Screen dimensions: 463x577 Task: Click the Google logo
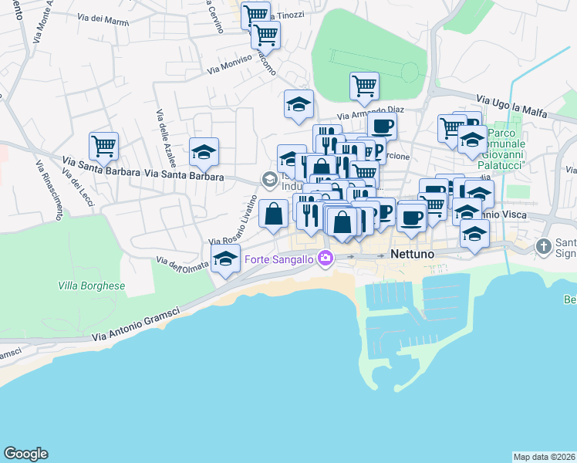pyautogui.click(x=25, y=454)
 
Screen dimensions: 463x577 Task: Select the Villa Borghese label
pyautogui.click(x=91, y=286)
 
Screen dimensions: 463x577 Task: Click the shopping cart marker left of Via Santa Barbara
pyautogui.click(x=103, y=144)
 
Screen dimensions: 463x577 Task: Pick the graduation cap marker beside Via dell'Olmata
pyautogui.click(x=225, y=259)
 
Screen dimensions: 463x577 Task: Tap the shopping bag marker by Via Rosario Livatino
pyautogui.click(x=273, y=213)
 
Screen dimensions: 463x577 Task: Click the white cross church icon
pyautogui.click(x=544, y=247)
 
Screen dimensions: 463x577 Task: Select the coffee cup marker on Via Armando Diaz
pyautogui.click(x=382, y=126)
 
